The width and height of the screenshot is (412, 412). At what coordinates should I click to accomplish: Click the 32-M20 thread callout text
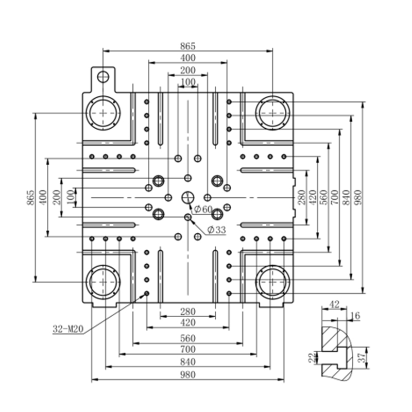(x=68, y=329)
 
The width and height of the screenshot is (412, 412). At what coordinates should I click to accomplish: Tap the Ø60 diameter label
(x=203, y=210)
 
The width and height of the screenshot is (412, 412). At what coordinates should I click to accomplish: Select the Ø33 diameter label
(x=216, y=230)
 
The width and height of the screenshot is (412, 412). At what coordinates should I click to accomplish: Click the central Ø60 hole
(x=188, y=198)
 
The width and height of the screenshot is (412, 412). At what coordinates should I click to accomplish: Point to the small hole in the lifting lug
(x=102, y=76)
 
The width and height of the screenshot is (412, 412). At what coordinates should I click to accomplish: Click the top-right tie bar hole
(x=272, y=113)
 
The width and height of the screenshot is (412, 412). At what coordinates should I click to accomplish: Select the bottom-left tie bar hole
(x=103, y=282)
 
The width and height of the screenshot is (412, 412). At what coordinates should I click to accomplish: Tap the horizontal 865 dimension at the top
(x=188, y=46)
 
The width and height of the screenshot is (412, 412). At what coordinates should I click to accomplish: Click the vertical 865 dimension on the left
(x=31, y=198)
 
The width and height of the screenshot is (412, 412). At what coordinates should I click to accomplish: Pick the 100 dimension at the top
(x=188, y=82)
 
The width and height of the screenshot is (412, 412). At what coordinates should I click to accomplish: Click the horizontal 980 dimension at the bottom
(x=188, y=374)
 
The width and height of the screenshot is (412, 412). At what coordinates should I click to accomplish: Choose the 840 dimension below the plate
(x=188, y=362)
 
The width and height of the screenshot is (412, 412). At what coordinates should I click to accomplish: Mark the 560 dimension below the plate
(x=188, y=338)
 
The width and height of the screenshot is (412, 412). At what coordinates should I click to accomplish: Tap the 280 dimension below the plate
(x=188, y=312)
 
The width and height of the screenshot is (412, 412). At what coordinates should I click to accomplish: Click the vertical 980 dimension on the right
(x=359, y=197)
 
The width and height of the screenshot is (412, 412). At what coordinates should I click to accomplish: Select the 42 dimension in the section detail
(x=334, y=305)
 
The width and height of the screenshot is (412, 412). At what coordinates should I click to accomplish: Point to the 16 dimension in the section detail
(x=355, y=316)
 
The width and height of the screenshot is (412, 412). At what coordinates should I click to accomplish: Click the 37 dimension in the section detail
(x=362, y=357)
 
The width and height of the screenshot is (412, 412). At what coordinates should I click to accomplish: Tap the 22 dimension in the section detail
(x=312, y=358)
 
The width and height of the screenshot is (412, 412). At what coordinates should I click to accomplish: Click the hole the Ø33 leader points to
(x=188, y=217)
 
